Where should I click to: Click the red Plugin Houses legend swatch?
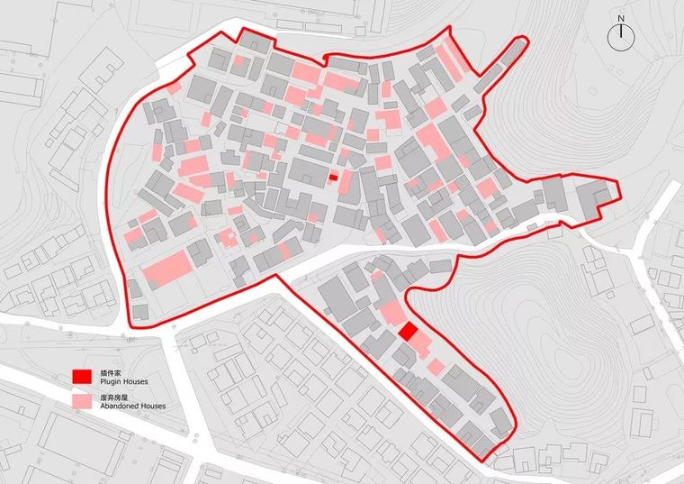(82, 377)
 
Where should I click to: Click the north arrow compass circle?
(621, 36)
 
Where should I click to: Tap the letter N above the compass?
(621, 17)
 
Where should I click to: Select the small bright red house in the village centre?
(333, 178)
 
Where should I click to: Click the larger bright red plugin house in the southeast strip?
(408, 331)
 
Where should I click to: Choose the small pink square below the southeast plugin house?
(436, 367)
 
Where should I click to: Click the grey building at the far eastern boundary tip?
(595, 198)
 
